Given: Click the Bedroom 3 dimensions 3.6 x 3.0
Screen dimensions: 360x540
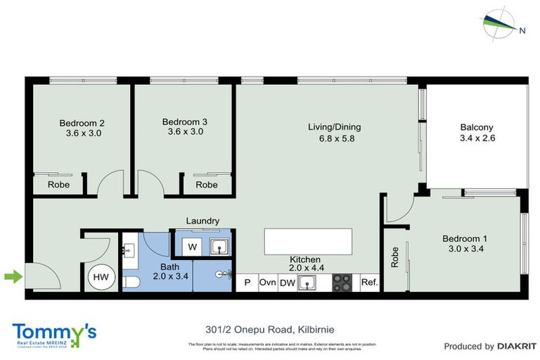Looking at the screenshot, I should (x=186, y=131).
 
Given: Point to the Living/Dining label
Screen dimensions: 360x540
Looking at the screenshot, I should (x=334, y=127).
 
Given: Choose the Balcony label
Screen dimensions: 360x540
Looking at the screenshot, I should (x=477, y=127).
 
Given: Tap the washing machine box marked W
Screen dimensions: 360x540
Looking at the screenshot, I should (x=193, y=247).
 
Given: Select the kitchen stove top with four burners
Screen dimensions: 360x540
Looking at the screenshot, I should (x=342, y=283).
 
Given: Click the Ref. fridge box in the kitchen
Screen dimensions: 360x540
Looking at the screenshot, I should (x=369, y=283).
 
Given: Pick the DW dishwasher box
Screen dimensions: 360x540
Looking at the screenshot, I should (x=287, y=283).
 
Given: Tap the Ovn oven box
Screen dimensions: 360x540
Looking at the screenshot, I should (x=267, y=283).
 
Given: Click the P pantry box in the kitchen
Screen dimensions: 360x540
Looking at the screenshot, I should (x=247, y=283).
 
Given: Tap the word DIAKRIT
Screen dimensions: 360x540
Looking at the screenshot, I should (x=517, y=346).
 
